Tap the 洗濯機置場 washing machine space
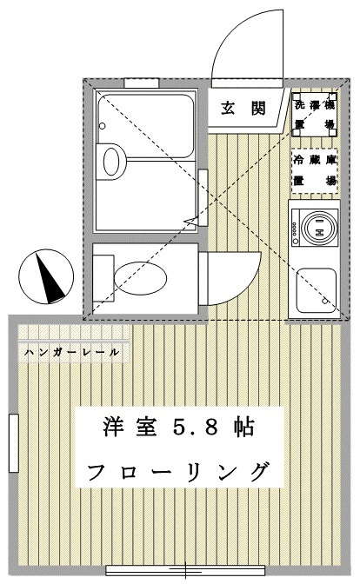point(314,113)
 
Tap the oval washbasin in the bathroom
point(113,160)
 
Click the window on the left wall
point(14,442)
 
